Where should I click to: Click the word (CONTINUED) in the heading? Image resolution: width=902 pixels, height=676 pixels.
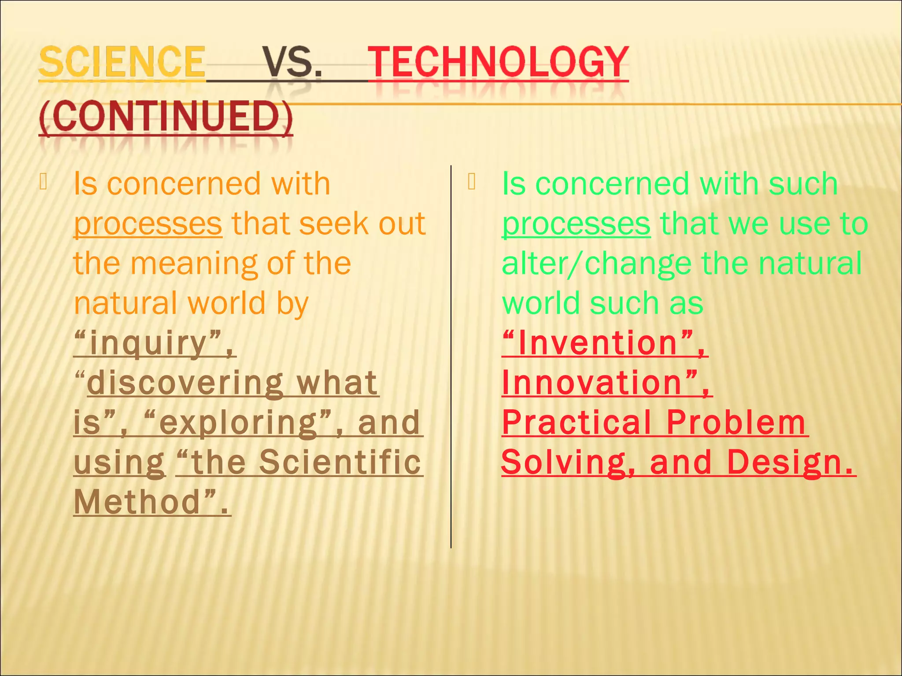[x=166, y=117]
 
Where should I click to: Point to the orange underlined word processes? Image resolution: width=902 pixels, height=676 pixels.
[x=148, y=224]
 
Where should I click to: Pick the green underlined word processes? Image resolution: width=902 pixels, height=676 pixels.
[x=576, y=224]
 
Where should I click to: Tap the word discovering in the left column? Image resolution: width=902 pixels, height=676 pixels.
[x=185, y=382]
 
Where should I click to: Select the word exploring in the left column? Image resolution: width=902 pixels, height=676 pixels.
[x=238, y=422]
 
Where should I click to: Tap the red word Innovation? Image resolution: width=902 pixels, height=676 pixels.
[x=592, y=382]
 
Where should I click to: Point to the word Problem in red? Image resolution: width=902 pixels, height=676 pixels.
[x=736, y=422]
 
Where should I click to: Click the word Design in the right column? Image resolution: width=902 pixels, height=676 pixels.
[x=784, y=462]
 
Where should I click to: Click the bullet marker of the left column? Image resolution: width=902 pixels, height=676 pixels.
[x=43, y=182]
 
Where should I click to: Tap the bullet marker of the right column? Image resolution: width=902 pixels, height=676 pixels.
[x=472, y=182]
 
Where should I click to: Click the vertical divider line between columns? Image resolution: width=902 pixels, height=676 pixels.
[x=451, y=356]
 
